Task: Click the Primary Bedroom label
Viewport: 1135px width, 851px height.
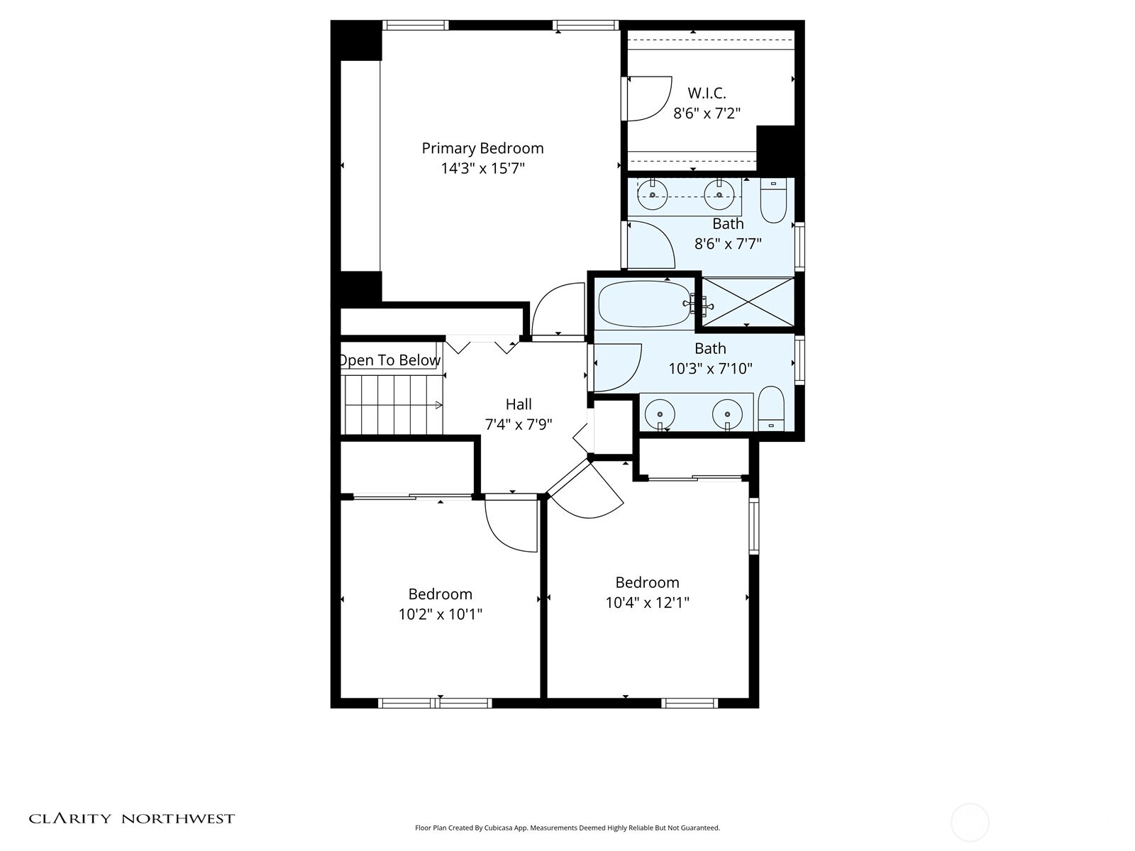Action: (482, 148)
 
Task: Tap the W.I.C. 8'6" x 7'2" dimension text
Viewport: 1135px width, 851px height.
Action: (707, 113)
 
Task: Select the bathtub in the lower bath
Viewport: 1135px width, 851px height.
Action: (644, 304)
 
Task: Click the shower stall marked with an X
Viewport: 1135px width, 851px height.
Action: (748, 303)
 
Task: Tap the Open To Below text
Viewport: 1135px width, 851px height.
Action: (389, 360)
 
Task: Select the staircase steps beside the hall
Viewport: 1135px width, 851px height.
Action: (392, 405)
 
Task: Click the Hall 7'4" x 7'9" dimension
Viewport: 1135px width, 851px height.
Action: (518, 425)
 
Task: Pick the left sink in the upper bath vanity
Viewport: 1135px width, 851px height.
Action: (652, 194)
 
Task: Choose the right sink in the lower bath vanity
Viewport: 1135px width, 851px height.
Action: (727, 413)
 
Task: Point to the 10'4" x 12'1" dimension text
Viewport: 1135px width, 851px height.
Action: (647, 603)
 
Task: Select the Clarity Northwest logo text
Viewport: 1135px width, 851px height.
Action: (131, 818)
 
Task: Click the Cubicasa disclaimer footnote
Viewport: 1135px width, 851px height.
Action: (567, 828)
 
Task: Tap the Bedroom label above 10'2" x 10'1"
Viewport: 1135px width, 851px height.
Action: (440, 594)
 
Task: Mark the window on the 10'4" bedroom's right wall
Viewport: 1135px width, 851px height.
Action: (754, 525)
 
